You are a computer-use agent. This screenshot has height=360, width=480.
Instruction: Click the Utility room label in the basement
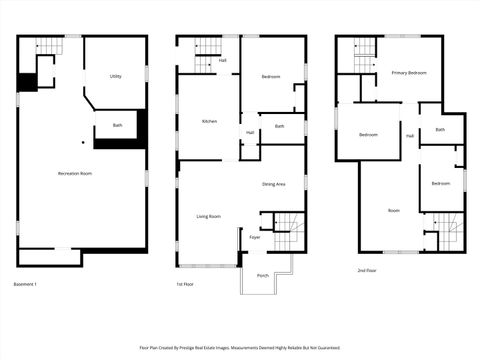coord(115,76)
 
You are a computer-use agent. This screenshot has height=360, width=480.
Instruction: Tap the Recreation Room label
coord(75,173)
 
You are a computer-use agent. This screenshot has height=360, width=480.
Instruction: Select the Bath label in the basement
coord(117,125)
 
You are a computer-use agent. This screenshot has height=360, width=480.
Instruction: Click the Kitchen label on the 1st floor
coord(209,121)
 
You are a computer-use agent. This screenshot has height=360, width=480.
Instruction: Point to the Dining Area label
coord(274,184)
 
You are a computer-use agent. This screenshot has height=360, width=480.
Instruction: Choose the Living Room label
coord(209,216)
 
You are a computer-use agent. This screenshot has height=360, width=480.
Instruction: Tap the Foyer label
coord(255,237)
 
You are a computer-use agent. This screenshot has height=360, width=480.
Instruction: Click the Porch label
coord(262,275)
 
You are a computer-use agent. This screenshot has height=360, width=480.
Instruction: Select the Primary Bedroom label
coord(410,73)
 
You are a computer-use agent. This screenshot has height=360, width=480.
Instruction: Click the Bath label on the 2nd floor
coord(440,129)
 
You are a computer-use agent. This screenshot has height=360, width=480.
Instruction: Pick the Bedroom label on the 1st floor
coord(271,77)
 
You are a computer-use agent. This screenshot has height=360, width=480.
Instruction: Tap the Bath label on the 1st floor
coord(279,126)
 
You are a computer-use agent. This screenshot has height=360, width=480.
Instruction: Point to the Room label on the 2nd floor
coord(394,210)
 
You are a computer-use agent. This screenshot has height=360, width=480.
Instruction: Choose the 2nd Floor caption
coord(367,270)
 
